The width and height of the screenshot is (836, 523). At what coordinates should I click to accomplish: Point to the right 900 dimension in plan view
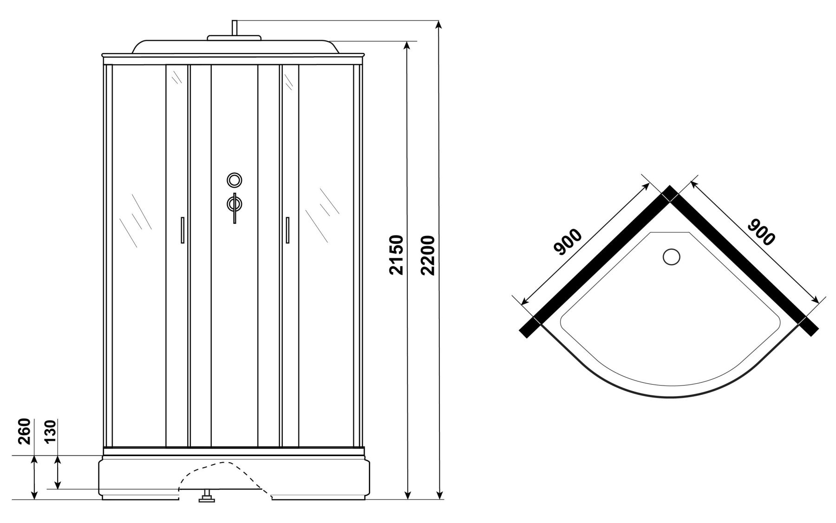761,232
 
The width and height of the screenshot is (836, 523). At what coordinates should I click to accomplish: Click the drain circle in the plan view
671,257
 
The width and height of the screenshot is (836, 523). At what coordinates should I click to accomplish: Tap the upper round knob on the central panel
235,180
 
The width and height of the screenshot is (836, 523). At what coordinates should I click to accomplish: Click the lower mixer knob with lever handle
235,204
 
